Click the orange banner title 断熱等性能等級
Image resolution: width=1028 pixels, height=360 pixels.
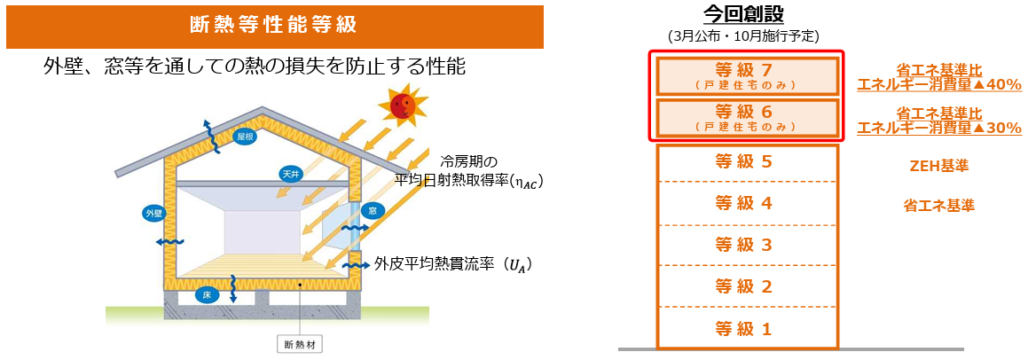click(275, 26)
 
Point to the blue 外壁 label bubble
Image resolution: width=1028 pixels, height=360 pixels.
click(153, 213)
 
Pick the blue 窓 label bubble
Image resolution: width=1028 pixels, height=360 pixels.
click(372, 211)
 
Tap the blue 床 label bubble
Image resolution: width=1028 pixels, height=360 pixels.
click(207, 296)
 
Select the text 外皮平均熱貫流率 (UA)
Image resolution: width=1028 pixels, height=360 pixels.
click(452, 265)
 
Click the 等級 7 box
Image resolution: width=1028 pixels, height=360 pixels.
click(747, 75)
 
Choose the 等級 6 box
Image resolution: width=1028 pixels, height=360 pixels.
click(747, 117)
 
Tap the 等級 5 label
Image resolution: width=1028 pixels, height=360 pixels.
click(747, 162)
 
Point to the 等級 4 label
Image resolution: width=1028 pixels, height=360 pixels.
click(747, 203)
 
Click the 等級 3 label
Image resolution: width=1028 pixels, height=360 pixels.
click(747, 245)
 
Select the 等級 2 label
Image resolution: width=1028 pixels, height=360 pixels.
click(747, 286)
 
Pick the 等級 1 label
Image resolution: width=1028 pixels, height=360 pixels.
click(747, 327)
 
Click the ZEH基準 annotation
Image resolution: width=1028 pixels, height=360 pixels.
click(938, 166)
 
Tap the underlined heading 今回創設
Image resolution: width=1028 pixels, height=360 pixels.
click(744, 12)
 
